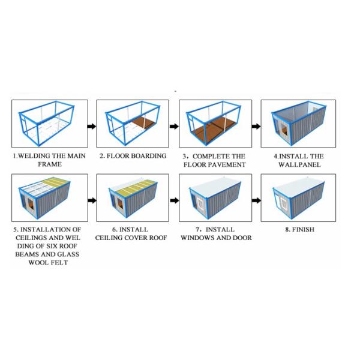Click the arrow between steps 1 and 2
(92, 126)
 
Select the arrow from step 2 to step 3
(174, 126)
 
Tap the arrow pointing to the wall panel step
(256, 126)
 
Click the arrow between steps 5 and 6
(92, 200)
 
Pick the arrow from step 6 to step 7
(175, 200)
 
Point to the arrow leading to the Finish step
(256, 200)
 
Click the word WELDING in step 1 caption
(34, 156)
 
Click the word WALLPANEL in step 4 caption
(299, 164)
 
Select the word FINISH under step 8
(303, 229)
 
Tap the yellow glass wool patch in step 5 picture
(56, 181)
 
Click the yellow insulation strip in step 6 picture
(136, 187)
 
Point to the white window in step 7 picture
(200, 204)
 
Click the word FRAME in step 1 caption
(50, 164)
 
